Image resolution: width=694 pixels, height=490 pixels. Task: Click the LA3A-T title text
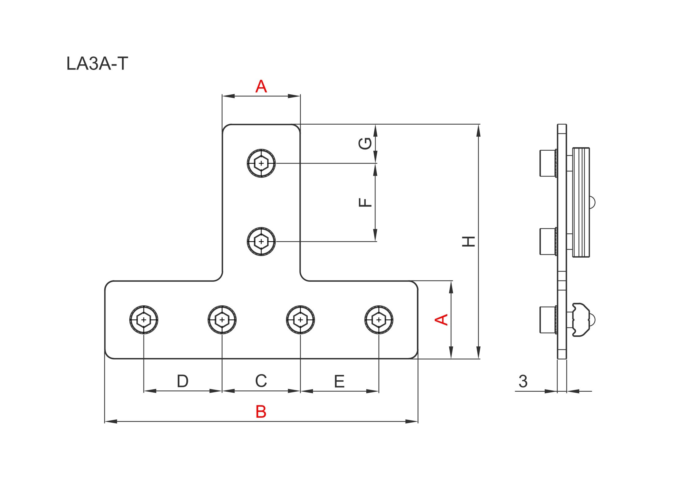coord(97,64)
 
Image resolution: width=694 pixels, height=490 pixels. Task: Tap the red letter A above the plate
coord(261,86)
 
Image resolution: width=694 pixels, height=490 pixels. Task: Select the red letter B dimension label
coord(261,412)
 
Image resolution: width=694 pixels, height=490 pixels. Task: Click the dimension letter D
coord(183,381)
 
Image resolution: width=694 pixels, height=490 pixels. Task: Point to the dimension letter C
coord(261,381)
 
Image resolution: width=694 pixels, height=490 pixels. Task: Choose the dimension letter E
coord(339,381)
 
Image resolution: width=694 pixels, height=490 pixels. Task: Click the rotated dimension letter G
coord(365,143)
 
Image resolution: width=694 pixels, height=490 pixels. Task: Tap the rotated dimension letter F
coord(365,202)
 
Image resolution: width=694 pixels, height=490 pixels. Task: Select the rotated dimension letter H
coord(468,241)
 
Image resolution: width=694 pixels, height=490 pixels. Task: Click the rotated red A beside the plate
coord(441,319)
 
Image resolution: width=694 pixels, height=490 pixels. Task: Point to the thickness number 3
coord(523,381)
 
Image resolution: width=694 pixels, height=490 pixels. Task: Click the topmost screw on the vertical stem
coord(261,163)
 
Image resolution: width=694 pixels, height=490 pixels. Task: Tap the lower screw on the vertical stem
coord(261,241)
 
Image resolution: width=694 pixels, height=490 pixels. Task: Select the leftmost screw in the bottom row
coord(144,320)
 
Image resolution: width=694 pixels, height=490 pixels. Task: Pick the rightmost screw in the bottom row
coord(379,320)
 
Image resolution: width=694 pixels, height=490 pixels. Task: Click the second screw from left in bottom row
coord(222,320)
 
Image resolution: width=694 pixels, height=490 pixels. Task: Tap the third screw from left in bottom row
coord(300,320)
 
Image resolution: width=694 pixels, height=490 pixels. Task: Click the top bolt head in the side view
coord(548,163)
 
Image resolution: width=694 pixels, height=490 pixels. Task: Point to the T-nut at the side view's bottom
coord(580,320)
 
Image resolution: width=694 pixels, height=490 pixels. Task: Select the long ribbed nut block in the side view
coord(581,202)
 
